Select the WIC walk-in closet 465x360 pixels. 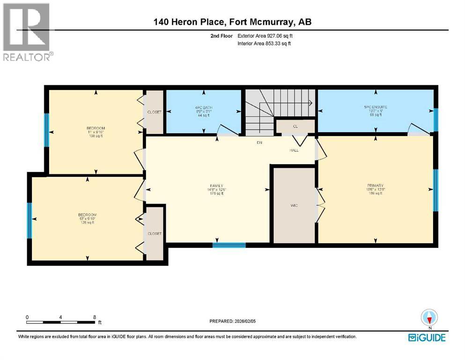(x=294, y=205)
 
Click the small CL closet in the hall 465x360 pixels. (x=295, y=126)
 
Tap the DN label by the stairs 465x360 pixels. (x=258, y=142)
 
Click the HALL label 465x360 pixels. (x=294, y=150)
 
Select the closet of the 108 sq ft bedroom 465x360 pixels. (x=154, y=112)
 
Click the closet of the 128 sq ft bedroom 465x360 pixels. (x=155, y=233)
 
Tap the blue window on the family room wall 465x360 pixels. (x=229, y=245)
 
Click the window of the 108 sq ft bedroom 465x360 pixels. (x=47, y=130)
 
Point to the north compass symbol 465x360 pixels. (x=428, y=317)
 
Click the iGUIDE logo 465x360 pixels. (x=427, y=337)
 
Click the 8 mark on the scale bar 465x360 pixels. (x=95, y=317)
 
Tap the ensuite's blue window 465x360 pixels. (x=435, y=120)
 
